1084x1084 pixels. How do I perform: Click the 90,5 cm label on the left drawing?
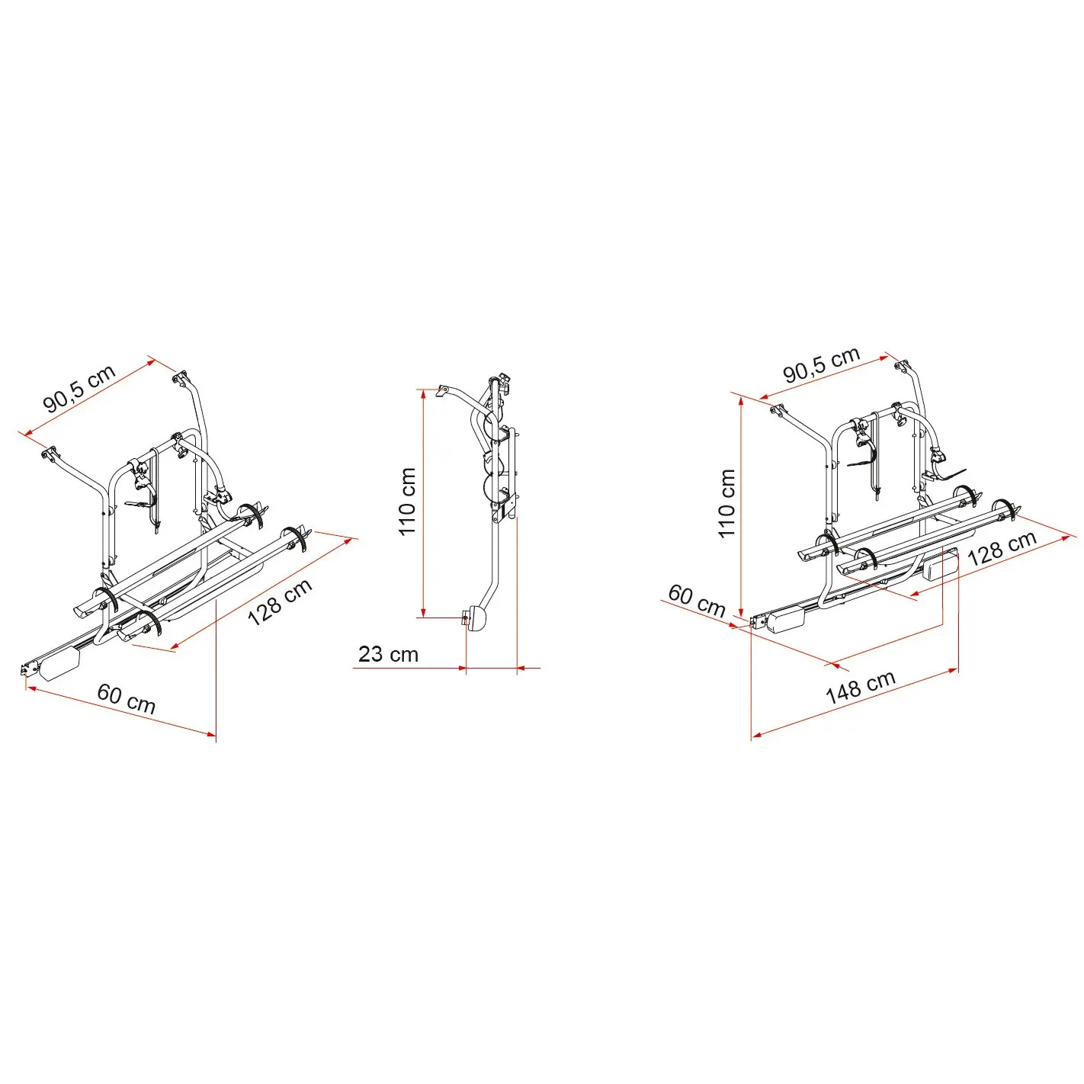pyautogui.click(x=79, y=388)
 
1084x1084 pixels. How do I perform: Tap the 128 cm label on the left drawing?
pyautogui.click(x=280, y=602)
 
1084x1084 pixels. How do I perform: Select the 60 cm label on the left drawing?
pyautogui.click(x=126, y=698)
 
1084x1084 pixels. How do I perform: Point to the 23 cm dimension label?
pyautogui.click(x=388, y=654)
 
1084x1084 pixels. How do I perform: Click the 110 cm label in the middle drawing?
pyautogui.click(x=407, y=502)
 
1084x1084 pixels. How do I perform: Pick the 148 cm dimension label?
pyautogui.click(x=860, y=688)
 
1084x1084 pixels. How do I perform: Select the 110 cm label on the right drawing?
pyautogui.click(x=726, y=503)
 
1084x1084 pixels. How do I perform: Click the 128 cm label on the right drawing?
pyautogui.click(x=1002, y=547)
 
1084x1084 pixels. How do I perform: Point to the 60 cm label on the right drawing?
pyautogui.click(x=697, y=601)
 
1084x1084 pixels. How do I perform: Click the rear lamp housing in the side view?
pyautogui.click(x=478, y=619)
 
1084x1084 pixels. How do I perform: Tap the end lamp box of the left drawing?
pyautogui.click(x=60, y=664)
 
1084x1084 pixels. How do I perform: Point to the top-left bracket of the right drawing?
pyautogui.click(x=780, y=410)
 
